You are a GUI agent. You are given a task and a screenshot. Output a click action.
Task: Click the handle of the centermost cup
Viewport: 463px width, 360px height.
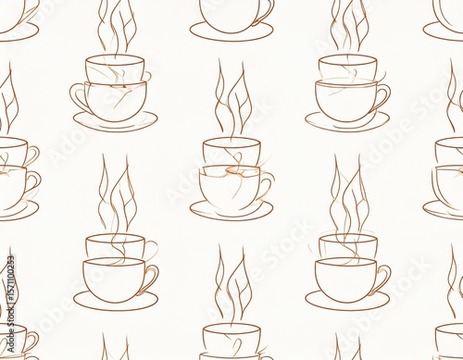(x=267, y=187)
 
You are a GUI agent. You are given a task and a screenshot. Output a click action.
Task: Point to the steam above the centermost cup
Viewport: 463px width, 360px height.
(x=231, y=102)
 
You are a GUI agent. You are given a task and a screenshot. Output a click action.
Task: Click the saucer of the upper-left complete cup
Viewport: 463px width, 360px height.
(x=116, y=122)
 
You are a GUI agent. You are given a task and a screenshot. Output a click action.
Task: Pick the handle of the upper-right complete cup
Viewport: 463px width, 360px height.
(x=382, y=94)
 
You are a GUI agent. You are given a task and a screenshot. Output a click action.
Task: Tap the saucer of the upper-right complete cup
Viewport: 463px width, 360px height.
(x=347, y=122)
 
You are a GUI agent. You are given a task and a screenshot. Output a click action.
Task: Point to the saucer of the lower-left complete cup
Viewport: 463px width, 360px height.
(x=116, y=302)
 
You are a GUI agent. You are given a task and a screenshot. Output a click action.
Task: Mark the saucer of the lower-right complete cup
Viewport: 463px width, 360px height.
(x=347, y=302)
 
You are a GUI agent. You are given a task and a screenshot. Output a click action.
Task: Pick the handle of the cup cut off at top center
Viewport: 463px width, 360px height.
(x=267, y=11)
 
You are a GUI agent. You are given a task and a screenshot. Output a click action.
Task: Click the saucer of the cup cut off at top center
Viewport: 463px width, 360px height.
(x=231, y=33)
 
